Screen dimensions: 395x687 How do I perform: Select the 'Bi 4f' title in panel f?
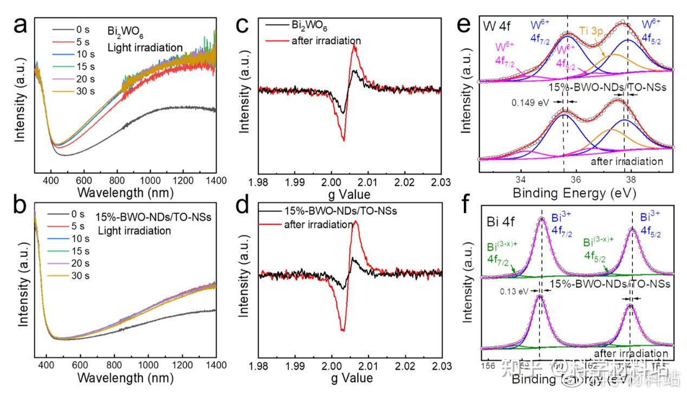(x=497, y=222)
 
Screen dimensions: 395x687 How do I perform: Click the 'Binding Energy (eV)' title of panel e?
(x=575, y=193)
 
